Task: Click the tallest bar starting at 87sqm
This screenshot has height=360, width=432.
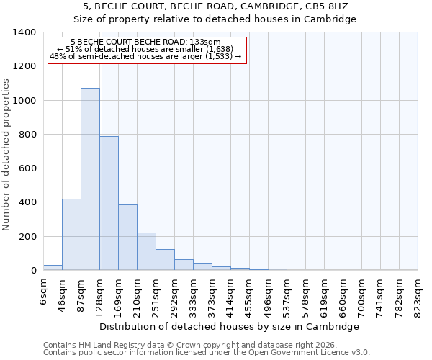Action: (90, 179)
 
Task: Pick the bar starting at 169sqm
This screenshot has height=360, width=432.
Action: (127, 238)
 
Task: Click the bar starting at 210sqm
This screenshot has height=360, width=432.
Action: (146, 251)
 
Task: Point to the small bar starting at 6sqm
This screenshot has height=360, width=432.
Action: (53, 268)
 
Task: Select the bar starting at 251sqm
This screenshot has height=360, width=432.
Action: (165, 260)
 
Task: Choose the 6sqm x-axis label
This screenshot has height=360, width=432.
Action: (43, 294)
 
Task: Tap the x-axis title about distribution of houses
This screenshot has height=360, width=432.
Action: (230, 327)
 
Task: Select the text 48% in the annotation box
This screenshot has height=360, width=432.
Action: (58, 56)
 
